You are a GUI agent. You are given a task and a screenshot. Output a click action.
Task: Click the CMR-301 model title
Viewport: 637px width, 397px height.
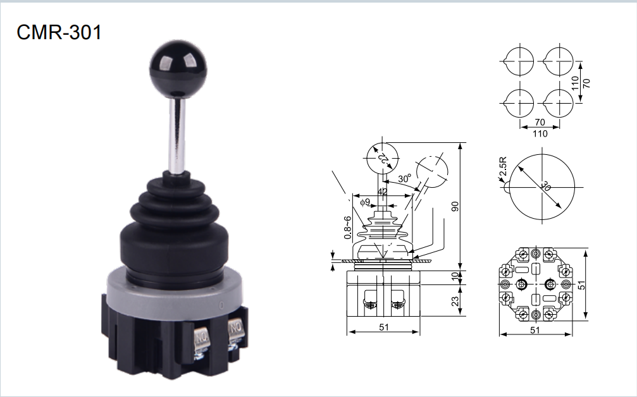tap(59, 32)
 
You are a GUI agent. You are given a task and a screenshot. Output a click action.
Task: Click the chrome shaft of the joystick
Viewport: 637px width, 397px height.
tap(178, 133)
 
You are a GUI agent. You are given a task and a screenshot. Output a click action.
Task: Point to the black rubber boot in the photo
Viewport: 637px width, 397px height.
tap(175, 228)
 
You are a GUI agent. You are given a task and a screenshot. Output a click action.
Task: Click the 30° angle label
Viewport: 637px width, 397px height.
tap(405, 178)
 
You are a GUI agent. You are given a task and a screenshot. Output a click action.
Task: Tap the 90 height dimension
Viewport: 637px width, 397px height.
tap(455, 206)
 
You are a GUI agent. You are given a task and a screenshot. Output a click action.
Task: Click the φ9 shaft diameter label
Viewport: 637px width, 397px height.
tap(365, 202)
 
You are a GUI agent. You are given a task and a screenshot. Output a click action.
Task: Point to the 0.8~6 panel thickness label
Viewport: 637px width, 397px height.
tap(347, 228)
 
